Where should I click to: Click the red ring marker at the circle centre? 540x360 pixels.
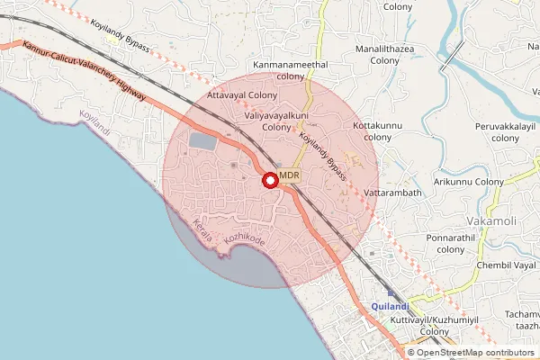pos(270,180)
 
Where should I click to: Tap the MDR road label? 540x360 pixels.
pos(289,175)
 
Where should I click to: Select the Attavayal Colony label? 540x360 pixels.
pos(242,94)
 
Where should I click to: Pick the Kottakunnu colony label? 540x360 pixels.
pos(378,131)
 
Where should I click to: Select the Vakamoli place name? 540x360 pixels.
pos(491,220)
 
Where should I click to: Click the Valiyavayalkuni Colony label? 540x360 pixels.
pos(277,121)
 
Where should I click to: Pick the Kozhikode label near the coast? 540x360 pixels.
pos(245,238)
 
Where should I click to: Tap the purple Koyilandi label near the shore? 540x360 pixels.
pos(94,123)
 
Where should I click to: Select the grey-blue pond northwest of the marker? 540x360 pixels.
pos(202,142)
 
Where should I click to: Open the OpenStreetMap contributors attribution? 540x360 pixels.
pos(472,352)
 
